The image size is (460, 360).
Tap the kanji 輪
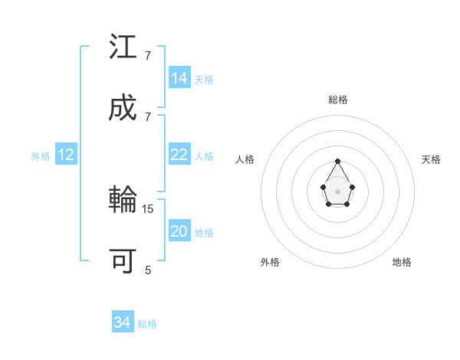(123, 201)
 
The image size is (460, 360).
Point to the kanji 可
(123, 261)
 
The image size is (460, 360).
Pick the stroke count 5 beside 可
(148, 270)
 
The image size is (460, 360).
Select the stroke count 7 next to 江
(148, 56)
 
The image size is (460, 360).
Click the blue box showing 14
(179, 78)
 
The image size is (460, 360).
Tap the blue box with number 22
(179, 155)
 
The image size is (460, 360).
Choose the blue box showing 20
(179, 232)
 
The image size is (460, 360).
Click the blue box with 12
(66, 155)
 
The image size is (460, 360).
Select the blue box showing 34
(123, 322)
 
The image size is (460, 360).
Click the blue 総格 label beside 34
(147, 324)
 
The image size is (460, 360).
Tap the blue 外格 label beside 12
(41, 156)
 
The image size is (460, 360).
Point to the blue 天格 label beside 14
(204, 80)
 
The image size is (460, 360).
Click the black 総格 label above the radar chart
(338, 100)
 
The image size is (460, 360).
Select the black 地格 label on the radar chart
(402, 262)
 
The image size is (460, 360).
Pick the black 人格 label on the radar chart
(245, 159)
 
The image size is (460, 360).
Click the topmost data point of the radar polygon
(337, 161)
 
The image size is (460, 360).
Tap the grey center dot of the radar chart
(337, 191)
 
